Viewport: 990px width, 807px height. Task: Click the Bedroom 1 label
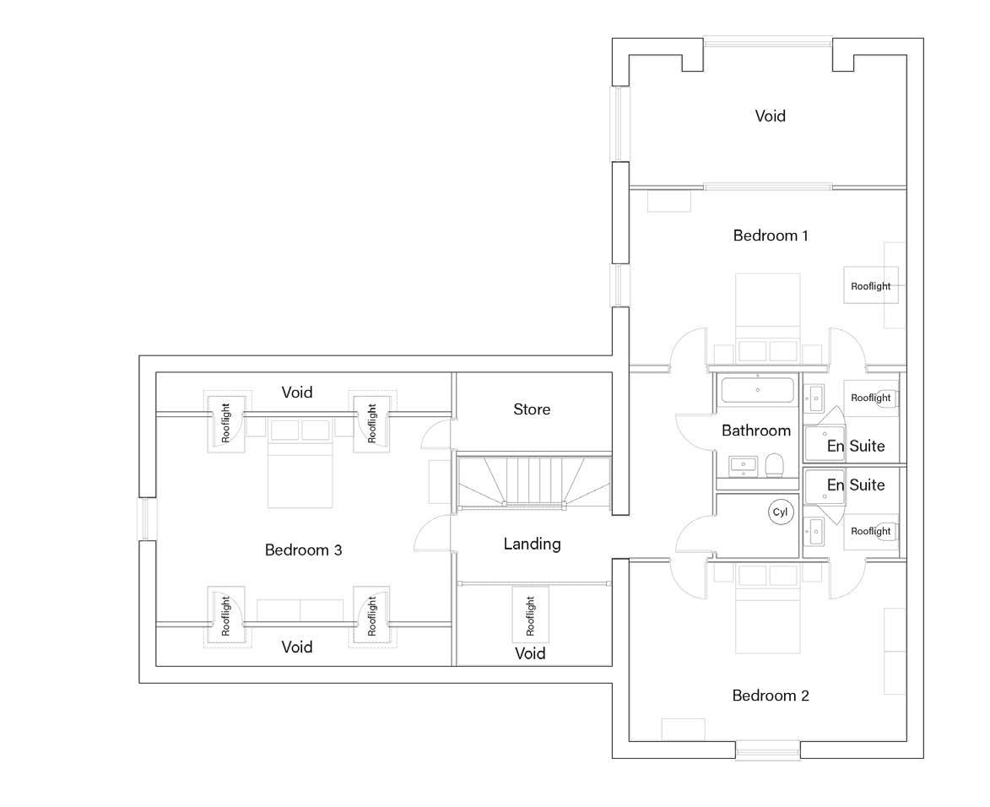pos(770,236)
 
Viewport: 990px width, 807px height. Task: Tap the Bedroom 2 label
pos(770,696)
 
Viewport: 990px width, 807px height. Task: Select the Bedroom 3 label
pos(303,550)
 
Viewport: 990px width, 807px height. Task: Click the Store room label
pos(532,409)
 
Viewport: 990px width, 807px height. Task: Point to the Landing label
pos(532,544)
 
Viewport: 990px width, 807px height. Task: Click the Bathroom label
pos(755,431)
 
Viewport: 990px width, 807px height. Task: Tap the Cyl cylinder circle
pos(779,512)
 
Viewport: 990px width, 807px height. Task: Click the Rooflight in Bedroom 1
pos(870,286)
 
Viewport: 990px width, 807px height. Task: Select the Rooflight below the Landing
pos(531,616)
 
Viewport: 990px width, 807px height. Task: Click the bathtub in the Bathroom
pos(757,391)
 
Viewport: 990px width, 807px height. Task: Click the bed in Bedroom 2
pos(766,620)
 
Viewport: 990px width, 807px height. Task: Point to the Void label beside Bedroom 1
pos(770,116)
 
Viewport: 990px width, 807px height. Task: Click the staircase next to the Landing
pos(533,482)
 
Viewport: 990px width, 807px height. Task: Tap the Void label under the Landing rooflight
pos(530,653)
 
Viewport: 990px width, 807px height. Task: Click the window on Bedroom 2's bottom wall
pos(767,750)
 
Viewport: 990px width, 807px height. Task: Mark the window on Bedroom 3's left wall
pos(145,519)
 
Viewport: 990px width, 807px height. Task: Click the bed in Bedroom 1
pos(768,308)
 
